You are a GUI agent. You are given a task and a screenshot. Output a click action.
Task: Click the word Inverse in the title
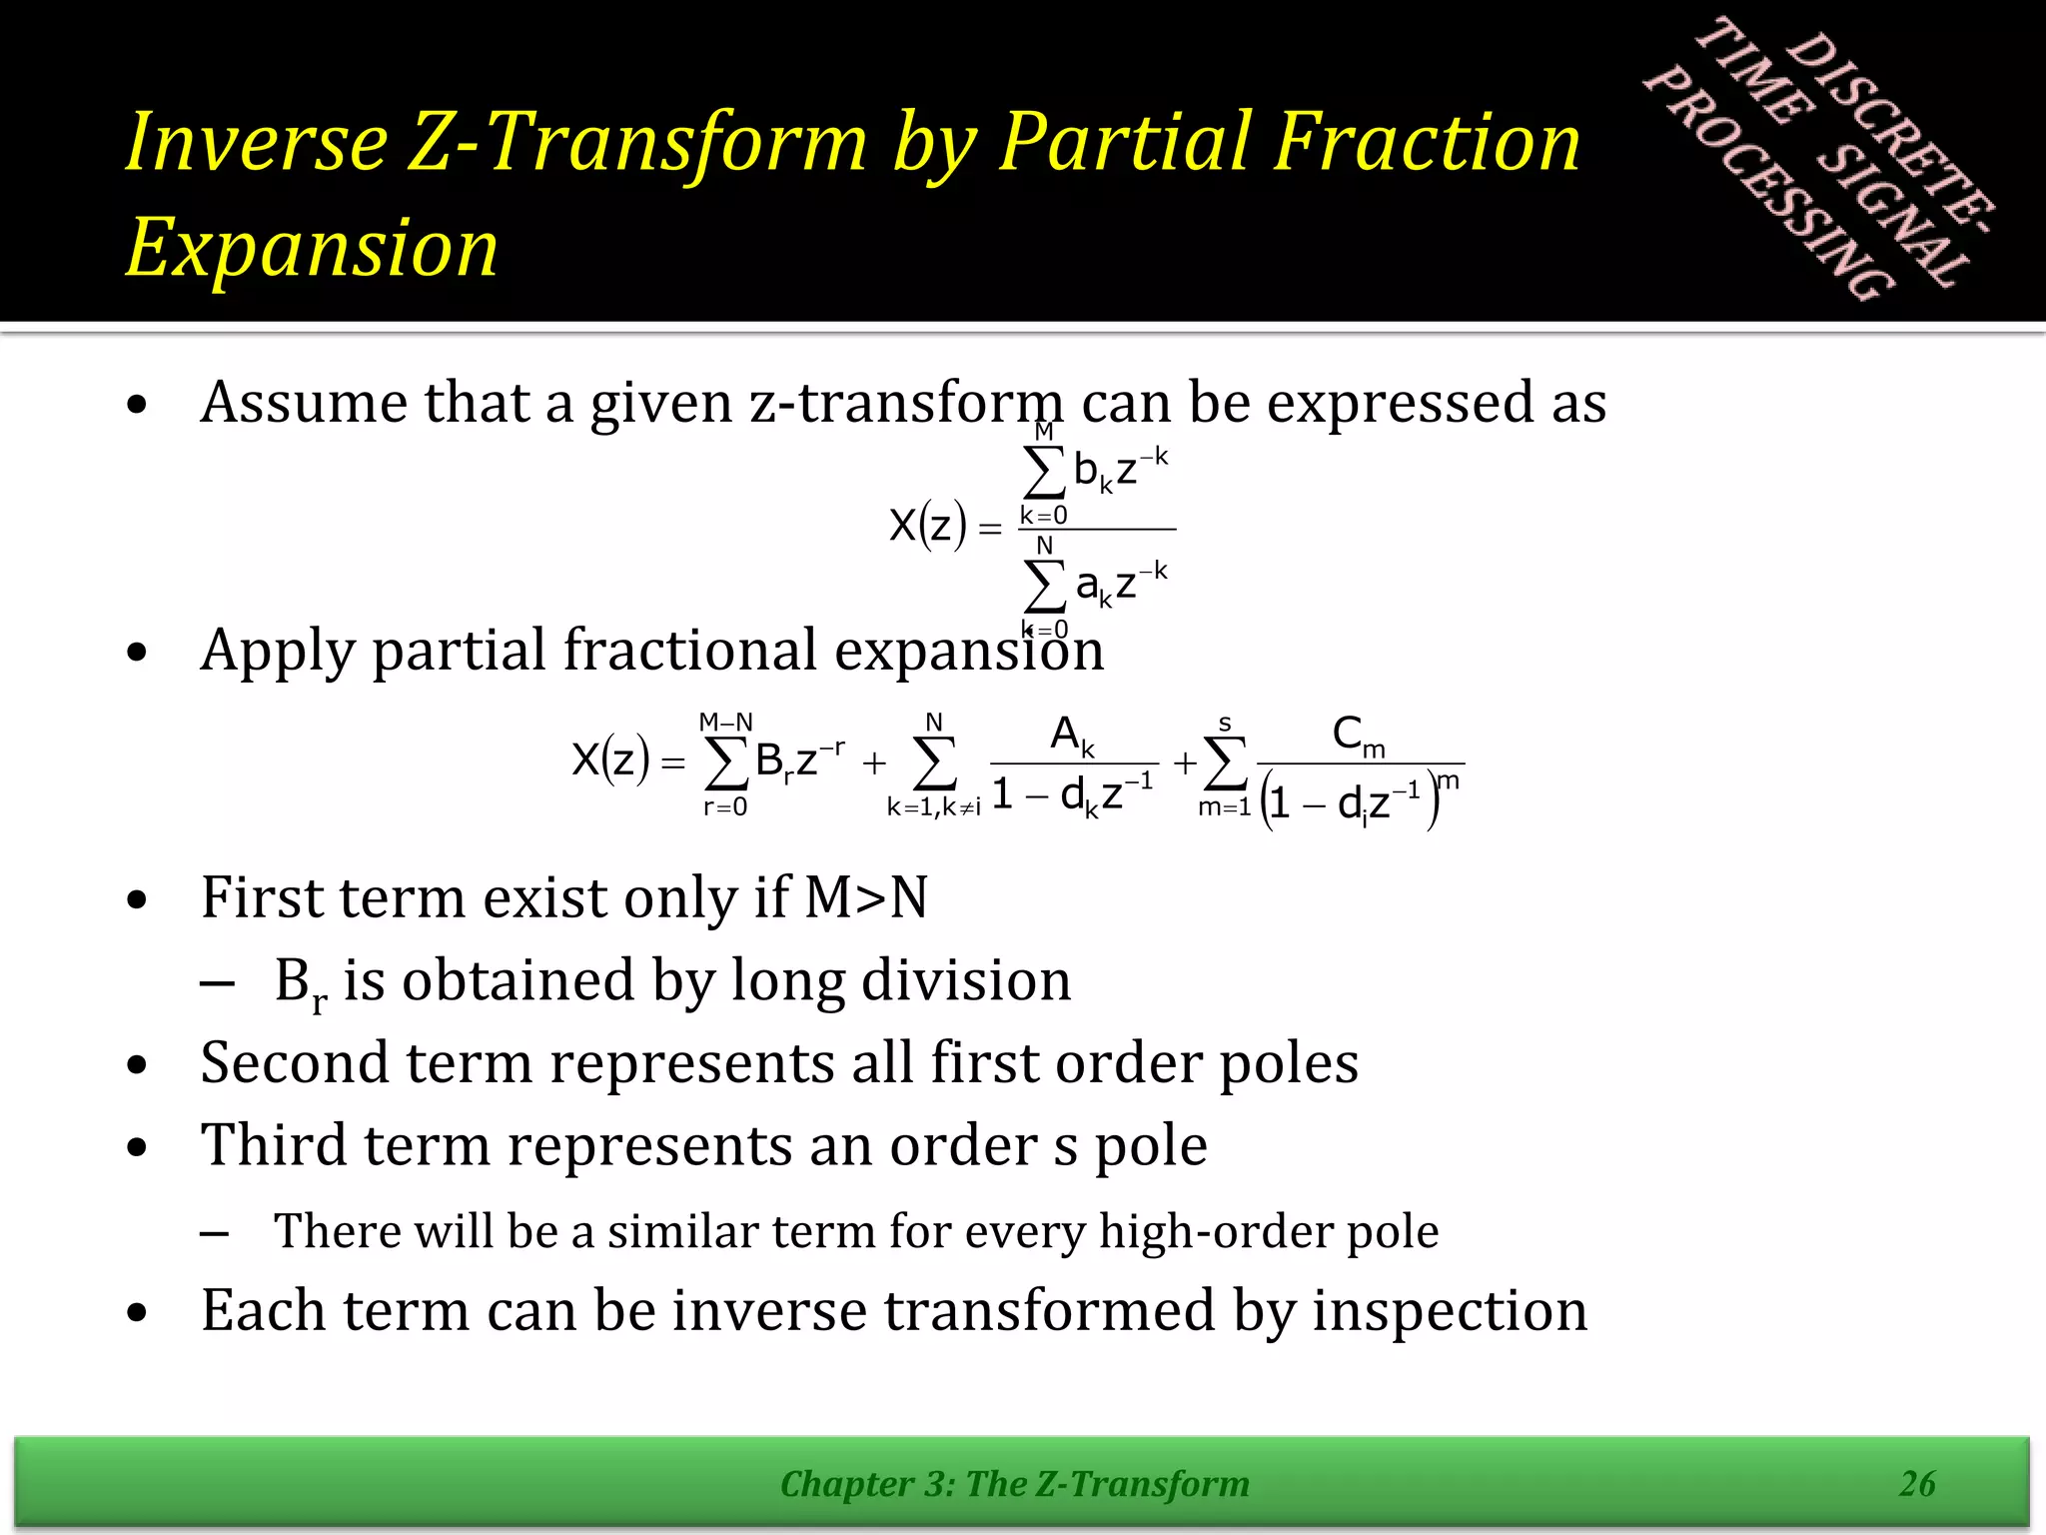tap(257, 142)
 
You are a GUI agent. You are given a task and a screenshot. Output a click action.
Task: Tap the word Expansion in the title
tap(312, 248)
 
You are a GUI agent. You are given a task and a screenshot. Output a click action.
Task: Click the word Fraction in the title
tap(1429, 142)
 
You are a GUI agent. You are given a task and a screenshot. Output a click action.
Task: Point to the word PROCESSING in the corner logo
tap(1768, 185)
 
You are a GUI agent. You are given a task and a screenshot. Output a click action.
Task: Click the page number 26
tap(1917, 1483)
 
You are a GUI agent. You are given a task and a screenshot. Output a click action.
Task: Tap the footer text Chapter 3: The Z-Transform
tap(1014, 1484)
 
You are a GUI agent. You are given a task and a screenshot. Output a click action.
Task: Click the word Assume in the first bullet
tap(303, 402)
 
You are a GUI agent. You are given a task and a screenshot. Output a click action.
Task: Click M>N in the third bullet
tap(866, 896)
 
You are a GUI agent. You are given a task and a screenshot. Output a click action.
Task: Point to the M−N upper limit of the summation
tap(726, 722)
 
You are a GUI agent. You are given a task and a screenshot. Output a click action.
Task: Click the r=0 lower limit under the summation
tap(725, 807)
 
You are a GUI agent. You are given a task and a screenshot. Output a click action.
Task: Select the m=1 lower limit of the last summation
tap(1224, 807)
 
